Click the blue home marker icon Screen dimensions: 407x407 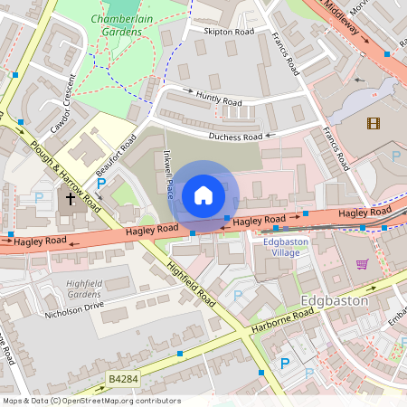point(203,195)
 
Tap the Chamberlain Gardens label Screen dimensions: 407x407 point(117,25)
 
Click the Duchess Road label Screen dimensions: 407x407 point(235,137)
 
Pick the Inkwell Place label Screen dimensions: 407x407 point(169,174)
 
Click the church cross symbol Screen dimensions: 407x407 point(71,197)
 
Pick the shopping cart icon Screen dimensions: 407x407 point(363,264)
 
